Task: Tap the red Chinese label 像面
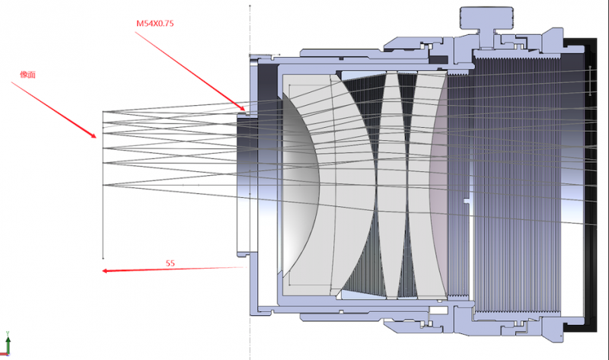[27, 74]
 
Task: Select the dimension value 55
[171, 263]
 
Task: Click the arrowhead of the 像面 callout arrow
[95, 137]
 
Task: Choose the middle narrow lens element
[390, 183]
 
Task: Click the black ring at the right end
[590, 183]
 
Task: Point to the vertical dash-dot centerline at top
[250, 23]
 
